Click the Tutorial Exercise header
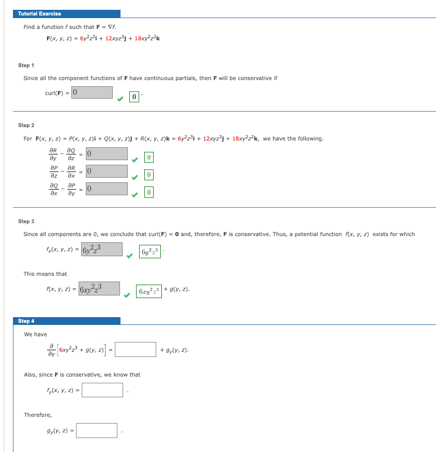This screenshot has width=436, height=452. click(39, 13)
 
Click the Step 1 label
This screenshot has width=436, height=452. click(26, 65)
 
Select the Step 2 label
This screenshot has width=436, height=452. click(26, 125)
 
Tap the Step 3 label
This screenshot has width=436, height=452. click(26, 221)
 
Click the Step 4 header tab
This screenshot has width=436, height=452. click(26, 321)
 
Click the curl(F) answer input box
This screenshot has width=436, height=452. click(92, 92)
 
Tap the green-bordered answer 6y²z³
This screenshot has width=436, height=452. click(149, 252)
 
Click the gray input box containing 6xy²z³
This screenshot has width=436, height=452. click(99, 288)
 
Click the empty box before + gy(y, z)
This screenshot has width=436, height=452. click(136, 350)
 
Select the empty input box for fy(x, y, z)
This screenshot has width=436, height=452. click(102, 390)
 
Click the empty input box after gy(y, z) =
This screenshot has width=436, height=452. click(97, 430)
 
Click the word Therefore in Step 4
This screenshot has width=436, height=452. click(38, 415)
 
